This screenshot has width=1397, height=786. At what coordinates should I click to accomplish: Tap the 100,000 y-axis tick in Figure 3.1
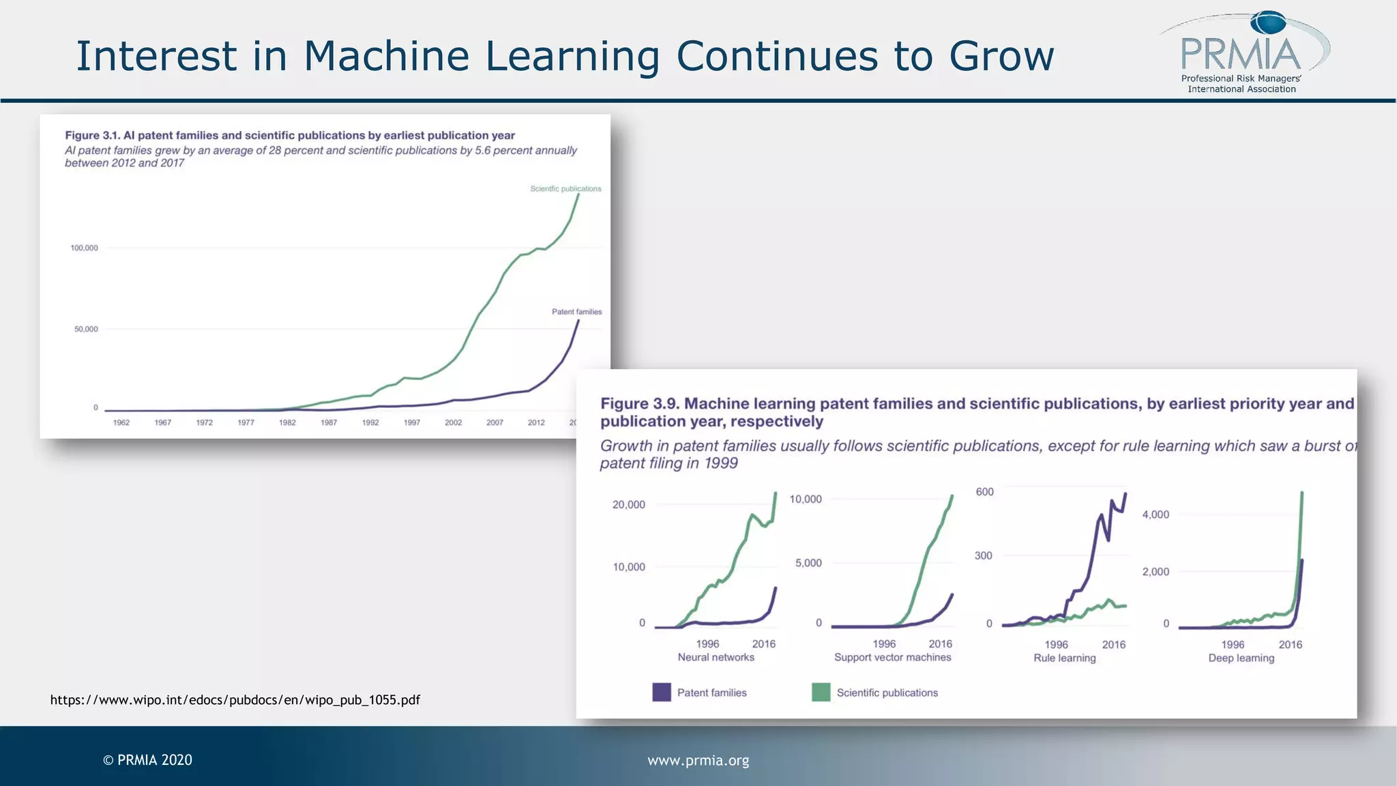click(x=85, y=248)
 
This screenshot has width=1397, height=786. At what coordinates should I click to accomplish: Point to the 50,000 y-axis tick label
click(x=86, y=329)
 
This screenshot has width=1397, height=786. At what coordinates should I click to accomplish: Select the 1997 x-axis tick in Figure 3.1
click(x=411, y=422)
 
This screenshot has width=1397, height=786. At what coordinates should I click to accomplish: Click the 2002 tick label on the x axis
click(x=453, y=422)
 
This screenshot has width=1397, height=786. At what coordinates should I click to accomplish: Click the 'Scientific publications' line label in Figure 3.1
click(x=565, y=189)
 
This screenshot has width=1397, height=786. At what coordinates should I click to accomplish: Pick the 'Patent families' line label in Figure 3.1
click(x=576, y=312)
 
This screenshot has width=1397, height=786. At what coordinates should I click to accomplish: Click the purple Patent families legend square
click(x=661, y=693)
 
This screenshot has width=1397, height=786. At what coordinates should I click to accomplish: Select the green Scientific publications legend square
click(x=821, y=693)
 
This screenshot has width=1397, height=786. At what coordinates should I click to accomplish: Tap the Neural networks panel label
click(x=716, y=657)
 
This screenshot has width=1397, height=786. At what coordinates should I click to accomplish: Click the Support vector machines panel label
click(x=892, y=657)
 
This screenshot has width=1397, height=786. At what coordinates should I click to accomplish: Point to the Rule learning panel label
click(x=1064, y=658)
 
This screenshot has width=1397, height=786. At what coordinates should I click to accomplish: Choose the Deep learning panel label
click(x=1241, y=658)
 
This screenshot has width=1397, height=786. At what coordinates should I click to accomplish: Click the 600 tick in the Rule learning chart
click(x=984, y=492)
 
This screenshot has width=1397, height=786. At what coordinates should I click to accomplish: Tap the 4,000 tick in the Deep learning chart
click(x=1156, y=514)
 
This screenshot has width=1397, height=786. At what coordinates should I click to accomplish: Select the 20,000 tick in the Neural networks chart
click(x=628, y=505)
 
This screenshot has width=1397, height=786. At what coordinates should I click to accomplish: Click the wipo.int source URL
click(x=235, y=700)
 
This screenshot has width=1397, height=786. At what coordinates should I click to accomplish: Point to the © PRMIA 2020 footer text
click(x=147, y=760)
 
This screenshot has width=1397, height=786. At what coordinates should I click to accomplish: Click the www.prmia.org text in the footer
click(x=698, y=760)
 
